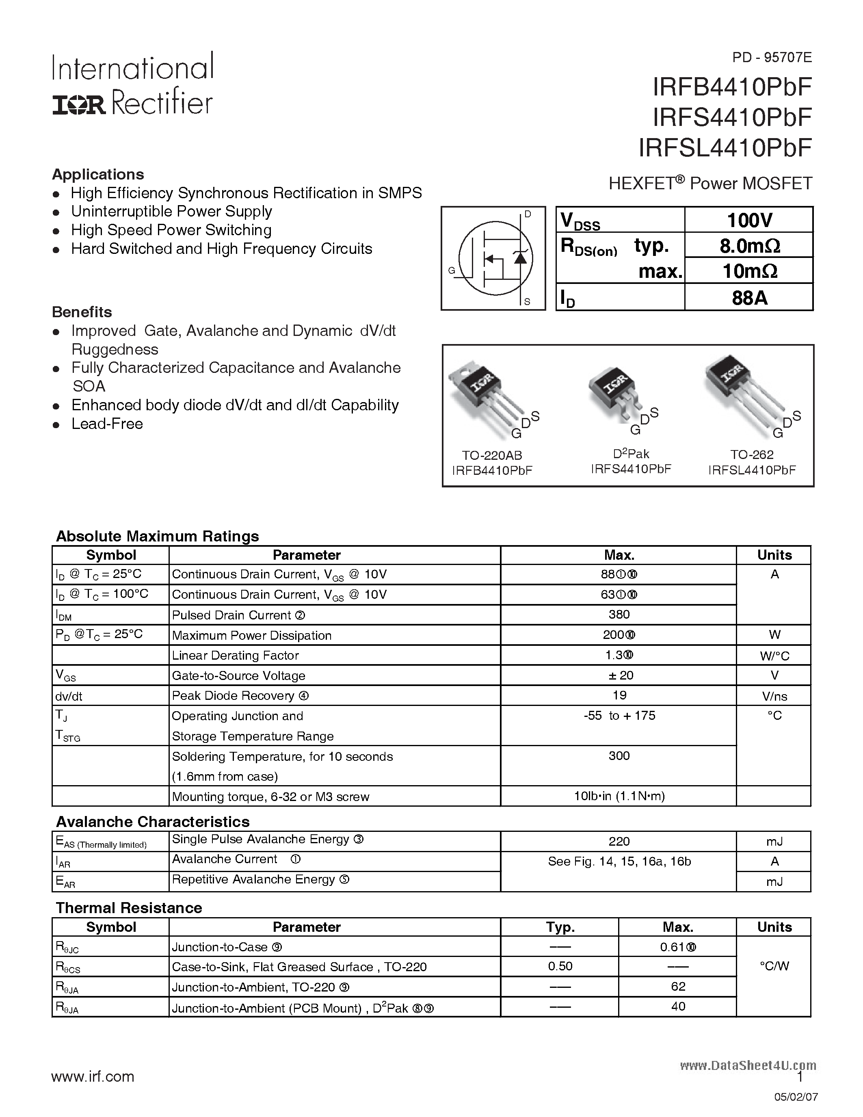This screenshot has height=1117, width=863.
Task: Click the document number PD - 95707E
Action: [x=772, y=57]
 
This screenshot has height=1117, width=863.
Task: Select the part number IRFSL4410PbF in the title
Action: [x=725, y=148]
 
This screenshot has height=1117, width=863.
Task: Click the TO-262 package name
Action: [x=752, y=455]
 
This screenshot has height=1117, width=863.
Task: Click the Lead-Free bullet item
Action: [x=107, y=424]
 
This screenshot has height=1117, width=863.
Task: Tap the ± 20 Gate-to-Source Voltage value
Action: [x=620, y=675]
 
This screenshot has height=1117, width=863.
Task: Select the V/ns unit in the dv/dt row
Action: [x=774, y=696]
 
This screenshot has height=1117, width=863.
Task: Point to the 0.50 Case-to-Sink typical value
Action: [x=560, y=966]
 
